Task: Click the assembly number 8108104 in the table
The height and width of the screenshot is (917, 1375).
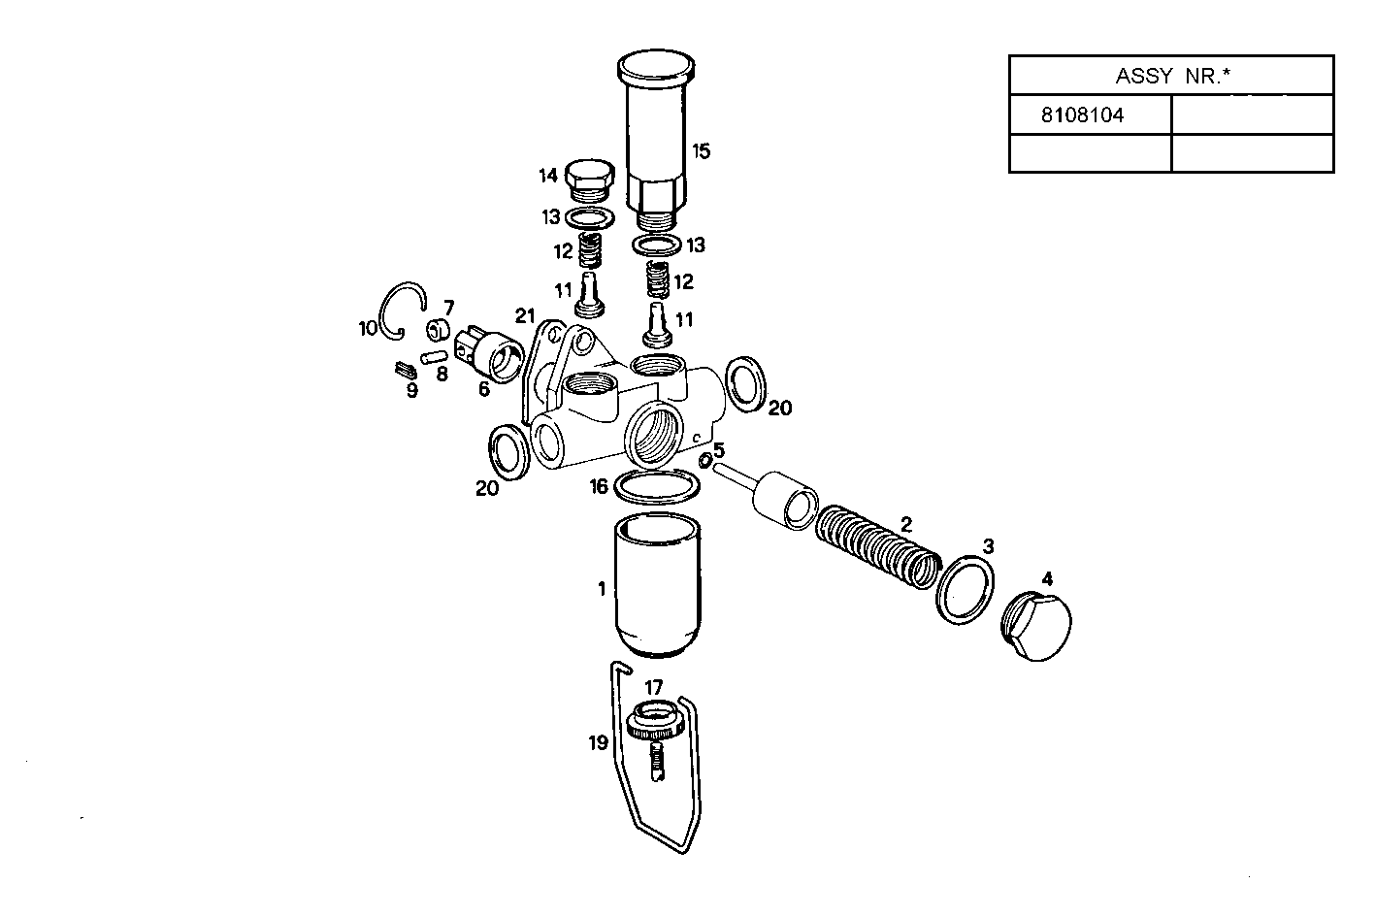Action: (x=1082, y=115)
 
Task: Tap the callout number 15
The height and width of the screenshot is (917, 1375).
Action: (x=702, y=150)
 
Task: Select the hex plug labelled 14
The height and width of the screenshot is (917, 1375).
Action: (x=589, y=178)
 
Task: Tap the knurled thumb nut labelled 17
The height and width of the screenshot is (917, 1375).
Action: (x=654, y=721)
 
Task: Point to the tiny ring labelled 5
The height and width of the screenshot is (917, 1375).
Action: (x=705, y=459)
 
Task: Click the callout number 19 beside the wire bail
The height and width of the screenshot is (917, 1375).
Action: (x=598, y=742)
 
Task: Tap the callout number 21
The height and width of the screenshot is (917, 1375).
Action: (x=525, y=314)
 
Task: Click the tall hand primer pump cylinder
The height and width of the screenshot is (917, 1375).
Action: (x=656, y=136)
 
